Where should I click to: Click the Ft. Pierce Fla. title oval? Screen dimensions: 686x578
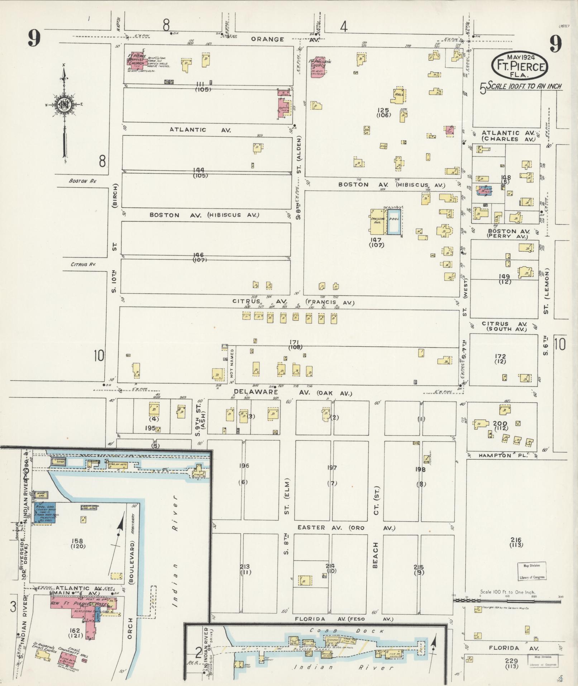point(519,66)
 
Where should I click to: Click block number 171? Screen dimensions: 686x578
point(296,342)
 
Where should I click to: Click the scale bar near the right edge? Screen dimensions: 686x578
point(507,599)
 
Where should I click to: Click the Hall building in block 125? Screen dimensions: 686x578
point(398,95)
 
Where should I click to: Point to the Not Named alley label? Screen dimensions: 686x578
point(232,364)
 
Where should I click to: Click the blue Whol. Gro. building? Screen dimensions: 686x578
point(44,512)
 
